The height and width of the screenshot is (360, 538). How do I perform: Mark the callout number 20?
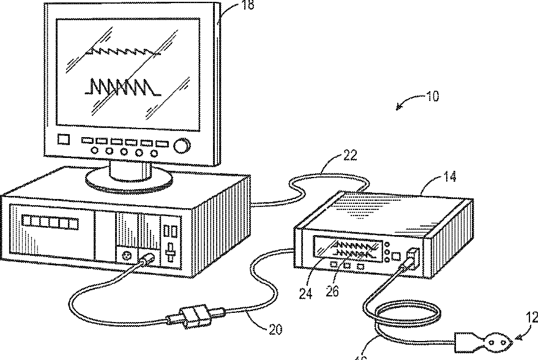coord(275,329)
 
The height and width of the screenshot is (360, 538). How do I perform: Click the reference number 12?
coord(531,317)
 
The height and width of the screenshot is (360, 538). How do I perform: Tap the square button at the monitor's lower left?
coord(63,140)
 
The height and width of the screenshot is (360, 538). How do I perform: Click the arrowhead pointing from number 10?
coord(399,108)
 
